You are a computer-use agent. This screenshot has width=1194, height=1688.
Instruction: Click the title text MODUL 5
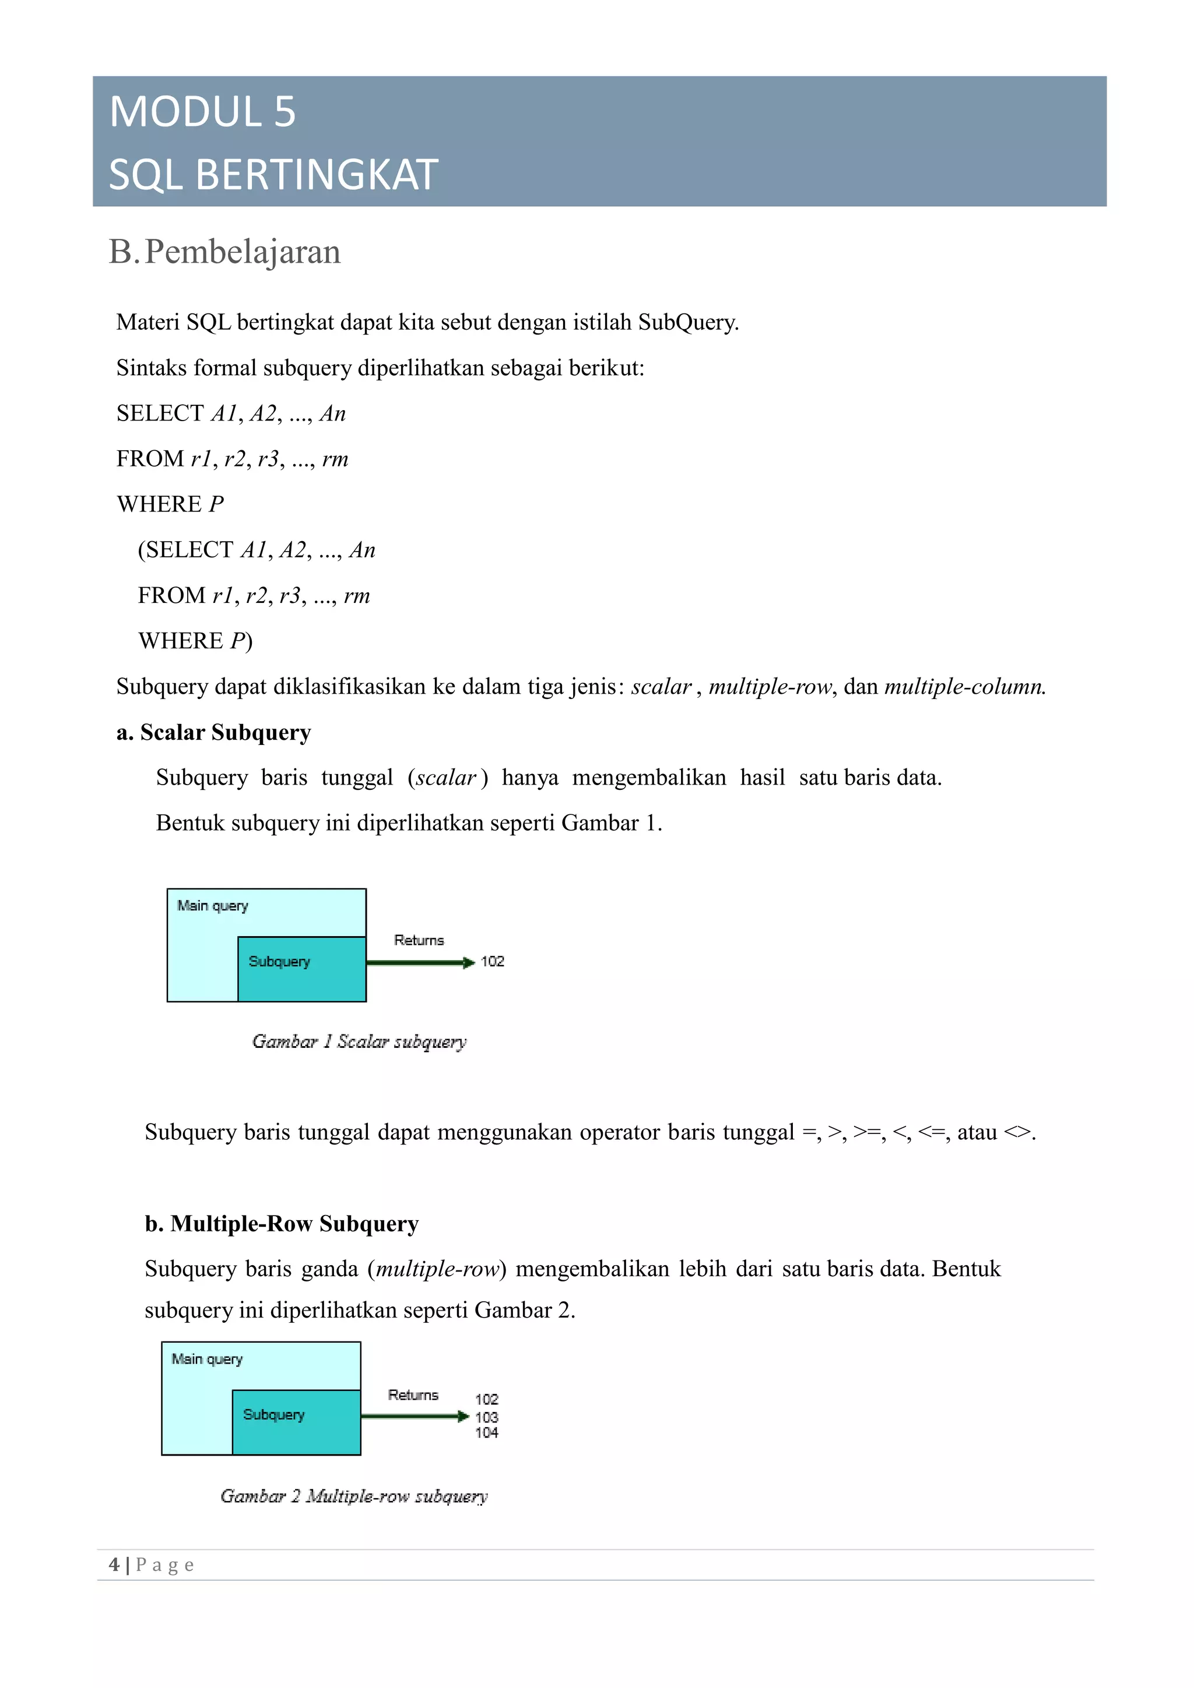click(202, 112)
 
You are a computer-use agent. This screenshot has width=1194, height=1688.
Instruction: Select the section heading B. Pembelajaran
click(224, 252)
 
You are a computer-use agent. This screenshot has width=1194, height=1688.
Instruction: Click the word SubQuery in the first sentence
click(687, 322)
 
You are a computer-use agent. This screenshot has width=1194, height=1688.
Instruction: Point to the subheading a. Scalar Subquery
click(213, 732)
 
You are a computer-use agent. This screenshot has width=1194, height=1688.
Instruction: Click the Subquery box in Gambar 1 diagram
click(301, 969)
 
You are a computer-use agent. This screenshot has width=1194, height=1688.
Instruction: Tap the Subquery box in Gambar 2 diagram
click(297, 1422)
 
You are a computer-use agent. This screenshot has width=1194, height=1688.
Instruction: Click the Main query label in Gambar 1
click(213, 906)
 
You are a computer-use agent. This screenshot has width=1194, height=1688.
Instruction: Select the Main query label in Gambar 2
click(207, 1359)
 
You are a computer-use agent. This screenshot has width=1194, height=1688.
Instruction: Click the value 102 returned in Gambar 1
click(492, 962)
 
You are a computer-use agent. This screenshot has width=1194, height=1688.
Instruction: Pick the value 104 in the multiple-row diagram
click(486, 1432)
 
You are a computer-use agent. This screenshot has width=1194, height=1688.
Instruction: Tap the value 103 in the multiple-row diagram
click(486, 1417)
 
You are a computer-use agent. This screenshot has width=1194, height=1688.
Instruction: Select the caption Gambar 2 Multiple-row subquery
click(354, 1496)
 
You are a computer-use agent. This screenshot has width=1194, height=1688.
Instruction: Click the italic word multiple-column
click(964, 687)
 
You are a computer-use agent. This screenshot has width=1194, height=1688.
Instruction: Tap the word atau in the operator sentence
click(976, 1132)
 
